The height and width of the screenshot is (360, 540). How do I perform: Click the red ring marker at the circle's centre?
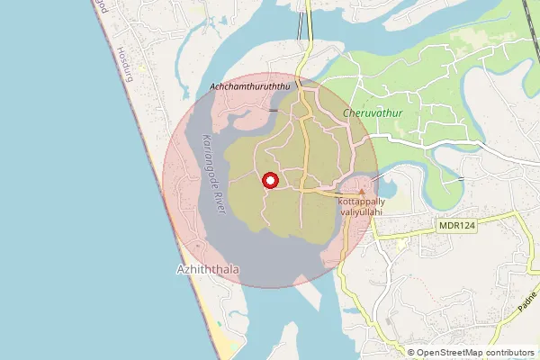(269, 180)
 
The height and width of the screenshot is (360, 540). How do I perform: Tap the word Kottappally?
(364, 202)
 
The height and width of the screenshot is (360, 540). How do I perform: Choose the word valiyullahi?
(362, 212)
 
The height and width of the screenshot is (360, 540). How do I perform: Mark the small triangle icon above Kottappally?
(362, 192)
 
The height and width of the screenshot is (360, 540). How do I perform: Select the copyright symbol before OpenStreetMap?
(412, 353)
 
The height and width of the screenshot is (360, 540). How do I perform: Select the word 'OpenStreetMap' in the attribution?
(448, 353)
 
